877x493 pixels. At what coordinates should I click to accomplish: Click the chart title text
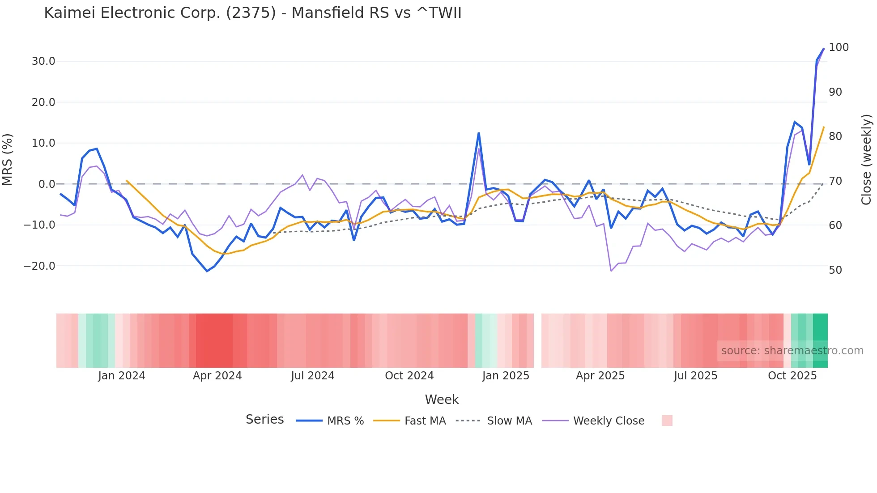pyautogui.click(x=252, y=13)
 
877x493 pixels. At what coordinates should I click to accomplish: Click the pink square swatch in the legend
pyautogui.click(x=667, y=421)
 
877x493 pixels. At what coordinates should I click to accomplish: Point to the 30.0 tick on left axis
pyautogui.click(x=43, y=61)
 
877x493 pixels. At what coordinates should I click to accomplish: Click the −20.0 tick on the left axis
pyautogui.click(x=39, y=266)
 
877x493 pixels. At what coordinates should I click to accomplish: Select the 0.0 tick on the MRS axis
pyautogui.click(x=47, y=184)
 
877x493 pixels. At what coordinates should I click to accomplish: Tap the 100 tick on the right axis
pyautogui.click(x=839, y=47)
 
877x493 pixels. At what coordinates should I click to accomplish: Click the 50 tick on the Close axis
pyautogui.click(x=835, y=270)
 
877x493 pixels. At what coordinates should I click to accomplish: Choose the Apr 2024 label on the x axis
pyautogui.click(x=217, y=376)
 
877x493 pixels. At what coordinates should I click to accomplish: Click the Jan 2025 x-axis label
pyautogui.click(x=506, y=376)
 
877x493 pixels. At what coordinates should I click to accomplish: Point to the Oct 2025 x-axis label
pyautogui.click(x=792, y=376)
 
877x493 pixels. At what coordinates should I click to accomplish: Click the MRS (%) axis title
pyautogui.click(x=8, y=159)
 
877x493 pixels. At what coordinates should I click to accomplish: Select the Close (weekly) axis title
pyautogui.click(x=866, y=159)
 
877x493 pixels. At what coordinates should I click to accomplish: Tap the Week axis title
pyautogui.click(x=442, y=399)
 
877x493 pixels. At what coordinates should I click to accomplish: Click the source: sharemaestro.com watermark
pyautogui.click(x=792, y=351)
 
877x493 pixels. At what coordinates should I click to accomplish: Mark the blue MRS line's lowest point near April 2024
pyautogui.click(x=207, y=271)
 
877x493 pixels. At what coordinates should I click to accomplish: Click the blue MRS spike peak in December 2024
pyautogui.click(x=479, y=133)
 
